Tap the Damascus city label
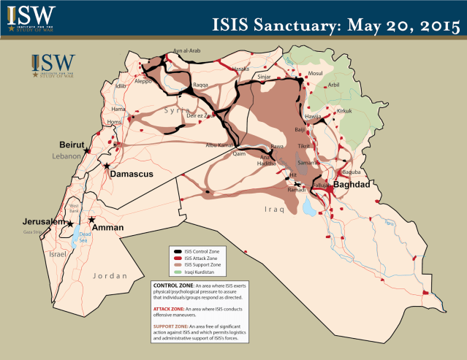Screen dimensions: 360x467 click(132, 174)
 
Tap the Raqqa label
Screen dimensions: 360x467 click(200, 85)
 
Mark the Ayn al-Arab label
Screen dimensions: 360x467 click(186, 51)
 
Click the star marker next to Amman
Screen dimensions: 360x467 click(91, 220)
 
